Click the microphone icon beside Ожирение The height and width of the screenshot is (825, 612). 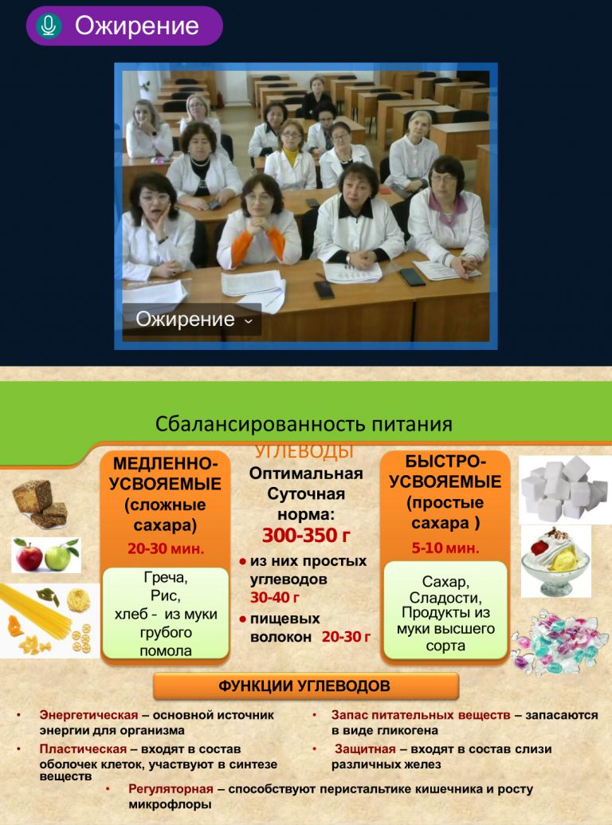[x=49, y=26]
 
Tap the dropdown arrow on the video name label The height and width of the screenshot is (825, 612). [x=249, y=320]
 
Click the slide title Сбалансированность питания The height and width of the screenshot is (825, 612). [x=304, y=424]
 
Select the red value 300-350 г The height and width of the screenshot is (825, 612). [x=307, y=535]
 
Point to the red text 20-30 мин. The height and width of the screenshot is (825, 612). [x=165, y=548]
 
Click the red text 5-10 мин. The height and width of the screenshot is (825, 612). [x=445, y=548]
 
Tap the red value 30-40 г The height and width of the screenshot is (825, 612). [x=275, y=598]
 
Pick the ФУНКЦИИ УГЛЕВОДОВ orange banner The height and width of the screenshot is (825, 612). [x=305, y=686]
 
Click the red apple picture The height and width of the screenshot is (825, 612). [x=29, y=556]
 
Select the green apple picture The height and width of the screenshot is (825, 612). [x=59, y=556]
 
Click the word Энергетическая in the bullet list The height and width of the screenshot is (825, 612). [x=89, y=715]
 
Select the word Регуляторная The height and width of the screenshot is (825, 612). [x=171, y=789]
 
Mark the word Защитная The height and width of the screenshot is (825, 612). [x=365, y=748]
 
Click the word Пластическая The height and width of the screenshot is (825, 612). [x=83, y=748]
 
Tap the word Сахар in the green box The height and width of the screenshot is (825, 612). [x=446, y=582]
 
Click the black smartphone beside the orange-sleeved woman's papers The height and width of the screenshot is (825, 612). [x=324, y=289]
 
